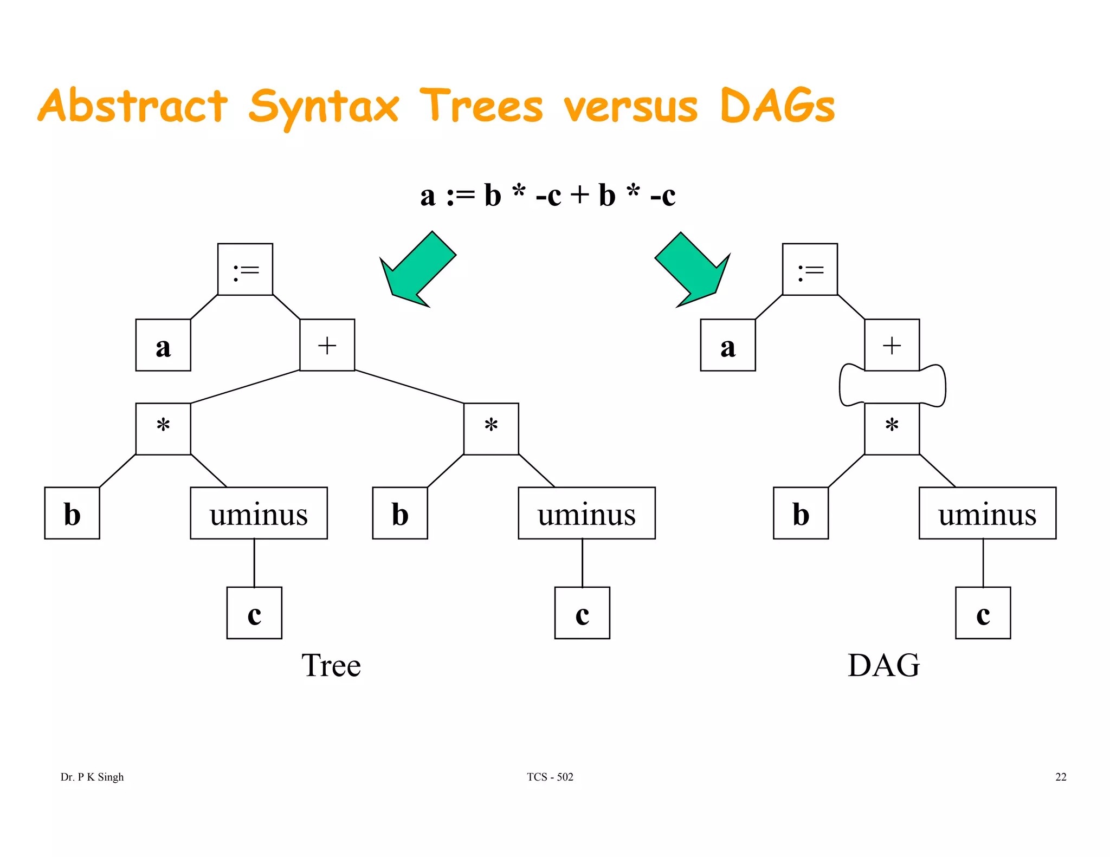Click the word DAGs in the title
[x=777, y=106]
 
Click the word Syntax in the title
[x=324, y=107]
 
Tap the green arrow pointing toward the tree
[x=417, y=270]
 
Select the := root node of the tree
[x=245, y=269]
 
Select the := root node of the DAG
[x=810, y=269]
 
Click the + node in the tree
[x=327, y=345]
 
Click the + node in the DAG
[x=892, y=345]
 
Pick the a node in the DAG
[x=727, y=345]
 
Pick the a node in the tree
[x=163, y=345]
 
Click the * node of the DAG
[x=892, y=428]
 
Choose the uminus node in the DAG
[x=987, y=513]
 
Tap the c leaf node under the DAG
[x=983, y=613]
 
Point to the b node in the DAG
[x=801, y=513]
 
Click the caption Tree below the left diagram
[x=331, y=665]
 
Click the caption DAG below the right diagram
[x=883, y=665]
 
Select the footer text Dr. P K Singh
[x=92, y=777]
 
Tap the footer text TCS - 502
[x=550, y=777]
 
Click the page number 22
[x=1061, y=777]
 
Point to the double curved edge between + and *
[x=892, y=386]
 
